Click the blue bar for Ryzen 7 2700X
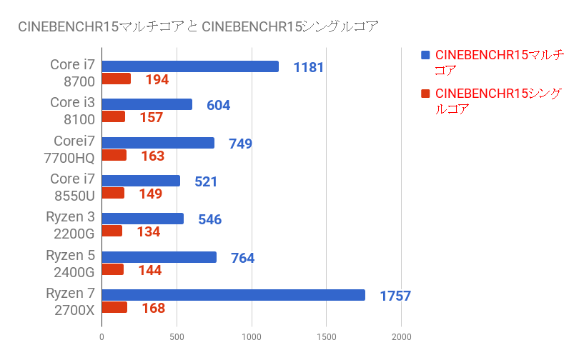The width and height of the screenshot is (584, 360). point(233,295)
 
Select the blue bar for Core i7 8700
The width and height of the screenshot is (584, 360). point(190,66)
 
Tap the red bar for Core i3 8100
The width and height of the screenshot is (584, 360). point(113,117)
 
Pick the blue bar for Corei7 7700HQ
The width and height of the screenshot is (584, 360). point(158,143)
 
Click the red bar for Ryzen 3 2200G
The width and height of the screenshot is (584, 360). point(112,231)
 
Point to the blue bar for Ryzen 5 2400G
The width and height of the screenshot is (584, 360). point(159,257)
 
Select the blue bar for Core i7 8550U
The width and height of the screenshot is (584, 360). point(141,181)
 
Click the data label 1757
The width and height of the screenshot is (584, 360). point(396,296)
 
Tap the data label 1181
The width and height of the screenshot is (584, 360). point(309,67)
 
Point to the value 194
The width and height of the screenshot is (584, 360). point(157,80)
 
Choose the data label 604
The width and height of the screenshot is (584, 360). point(218,105)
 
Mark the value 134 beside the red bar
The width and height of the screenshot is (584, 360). point(148,232)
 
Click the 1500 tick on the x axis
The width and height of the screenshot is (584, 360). point(327,336)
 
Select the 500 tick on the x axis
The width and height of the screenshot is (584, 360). point(177,336)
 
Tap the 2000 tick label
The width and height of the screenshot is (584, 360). point(401,336)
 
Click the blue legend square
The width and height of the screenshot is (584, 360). point(425,55)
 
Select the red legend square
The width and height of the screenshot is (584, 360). point(425,94)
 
